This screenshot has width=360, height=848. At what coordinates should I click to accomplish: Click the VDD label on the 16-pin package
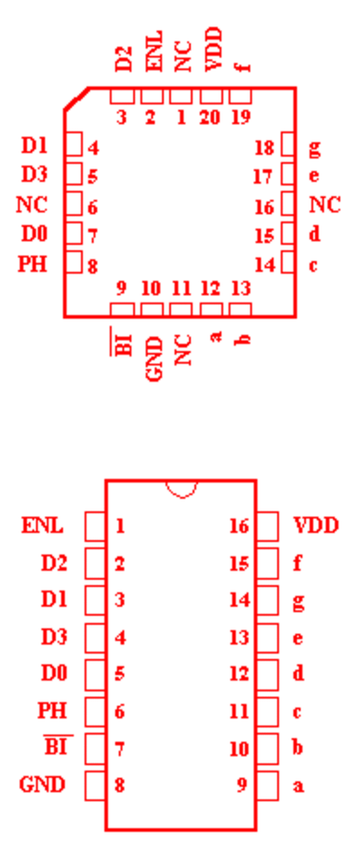(x=316, y=525)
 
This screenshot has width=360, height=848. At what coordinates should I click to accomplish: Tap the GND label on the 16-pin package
(x=42, y=784)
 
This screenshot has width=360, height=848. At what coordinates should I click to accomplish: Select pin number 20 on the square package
(x=211, y=117)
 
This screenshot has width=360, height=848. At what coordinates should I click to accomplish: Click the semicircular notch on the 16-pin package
(x=181, y=490)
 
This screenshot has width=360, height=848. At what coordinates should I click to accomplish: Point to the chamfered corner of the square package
(x=76, y=99)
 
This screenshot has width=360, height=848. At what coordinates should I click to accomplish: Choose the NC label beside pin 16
(x=325, y=205)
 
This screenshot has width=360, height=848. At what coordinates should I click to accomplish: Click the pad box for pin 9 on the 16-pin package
(x=267, y=786)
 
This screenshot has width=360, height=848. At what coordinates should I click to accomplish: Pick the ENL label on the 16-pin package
(x=42, y=525)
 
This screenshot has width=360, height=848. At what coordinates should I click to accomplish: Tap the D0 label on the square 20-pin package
(x=34, y=234)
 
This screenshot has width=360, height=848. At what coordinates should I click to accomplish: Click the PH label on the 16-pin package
(x=52, y=710)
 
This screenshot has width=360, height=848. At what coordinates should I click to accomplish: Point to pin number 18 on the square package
(x=265, y=148)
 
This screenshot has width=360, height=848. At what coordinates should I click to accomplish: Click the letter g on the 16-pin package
(x=299, y=601)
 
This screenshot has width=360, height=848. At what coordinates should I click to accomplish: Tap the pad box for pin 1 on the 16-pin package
(x=95, y=527)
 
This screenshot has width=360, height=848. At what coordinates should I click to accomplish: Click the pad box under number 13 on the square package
(x=240, y=310)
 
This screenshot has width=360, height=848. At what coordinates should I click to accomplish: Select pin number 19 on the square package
(x=240, y=117)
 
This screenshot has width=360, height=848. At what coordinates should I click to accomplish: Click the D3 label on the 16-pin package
(x=54, y=636)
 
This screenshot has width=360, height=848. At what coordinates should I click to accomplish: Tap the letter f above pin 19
(x=243, y=67)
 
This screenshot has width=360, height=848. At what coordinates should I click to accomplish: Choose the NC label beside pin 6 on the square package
(x=31, y=205)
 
